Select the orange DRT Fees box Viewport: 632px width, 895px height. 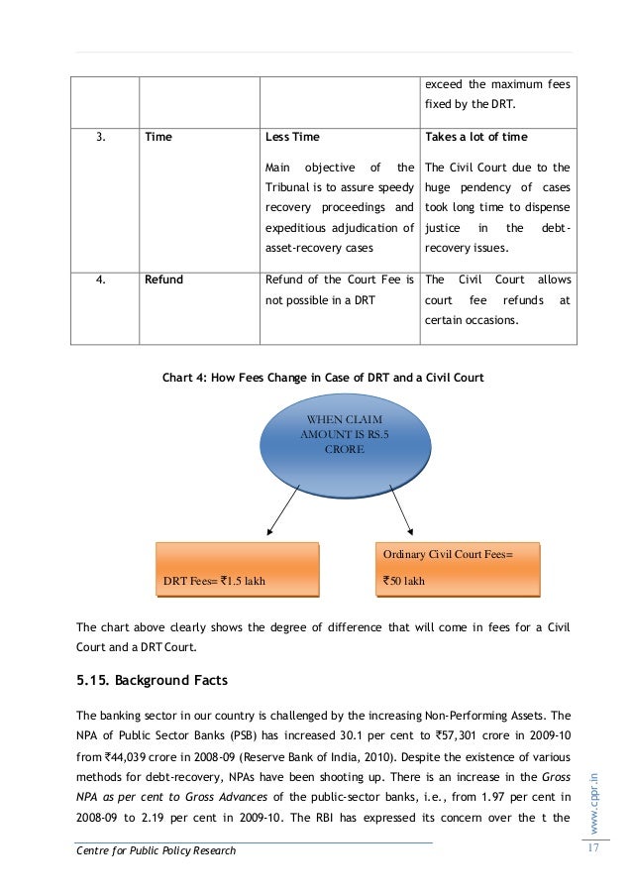tap(238, 570)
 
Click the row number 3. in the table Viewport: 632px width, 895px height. tap(100, 136)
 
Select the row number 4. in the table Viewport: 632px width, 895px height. tap(100, 280)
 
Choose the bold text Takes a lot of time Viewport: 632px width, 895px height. tap(475, 136)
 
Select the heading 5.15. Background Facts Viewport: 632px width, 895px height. tap(153, 680)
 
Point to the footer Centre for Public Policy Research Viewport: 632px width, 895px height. tap(157, 850)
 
